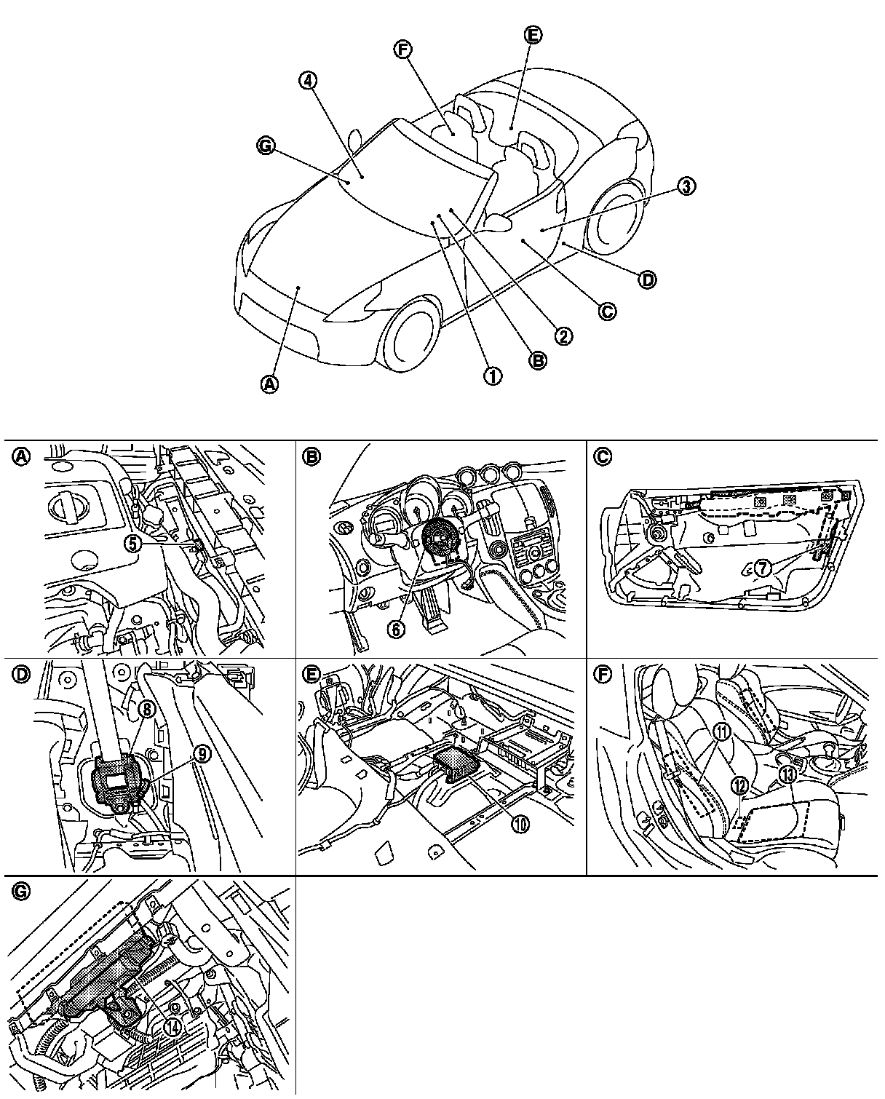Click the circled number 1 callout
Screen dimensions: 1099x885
click(x=493, y=376)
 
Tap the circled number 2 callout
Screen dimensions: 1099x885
click(x=562, y=336)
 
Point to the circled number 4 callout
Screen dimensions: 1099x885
click(x=308, y=82)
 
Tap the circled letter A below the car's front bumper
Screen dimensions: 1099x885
click(x=269, y=384)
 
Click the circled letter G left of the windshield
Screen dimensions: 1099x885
click(x=266, y=146)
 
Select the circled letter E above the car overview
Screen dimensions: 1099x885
click(x=533, y=35)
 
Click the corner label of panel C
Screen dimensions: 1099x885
click(x=603, y=456)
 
